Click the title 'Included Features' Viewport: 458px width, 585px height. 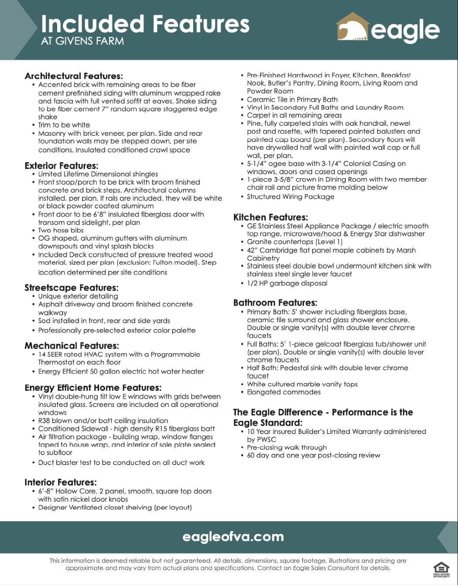click(145, 24)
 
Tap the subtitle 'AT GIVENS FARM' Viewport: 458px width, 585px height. click(82, 41)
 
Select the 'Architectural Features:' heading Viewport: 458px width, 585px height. click(74, 76)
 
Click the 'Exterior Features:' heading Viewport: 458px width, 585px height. click(62, 166)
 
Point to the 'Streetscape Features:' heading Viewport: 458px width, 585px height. click(72, 288)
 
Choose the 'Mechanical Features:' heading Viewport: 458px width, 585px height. click(72, 346)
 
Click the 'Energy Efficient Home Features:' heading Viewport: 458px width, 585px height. click(93, 388)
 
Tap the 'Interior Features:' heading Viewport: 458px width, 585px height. click(61, 482)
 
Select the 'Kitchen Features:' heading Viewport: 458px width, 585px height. click(270, 217)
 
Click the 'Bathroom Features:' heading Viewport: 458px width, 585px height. click(275, 303)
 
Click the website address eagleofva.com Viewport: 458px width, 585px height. click(233, 537)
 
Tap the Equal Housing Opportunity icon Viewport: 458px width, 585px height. click(441, 569)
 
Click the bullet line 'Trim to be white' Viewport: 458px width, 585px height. click(64, 125)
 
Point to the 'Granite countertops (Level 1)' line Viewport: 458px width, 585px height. click(294, 242)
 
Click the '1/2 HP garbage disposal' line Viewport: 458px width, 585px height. click(287, 283)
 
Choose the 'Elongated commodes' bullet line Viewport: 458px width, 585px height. click(284, 392)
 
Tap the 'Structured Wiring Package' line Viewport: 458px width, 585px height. click(291, 196)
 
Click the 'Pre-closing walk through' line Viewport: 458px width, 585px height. click(287, 447)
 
